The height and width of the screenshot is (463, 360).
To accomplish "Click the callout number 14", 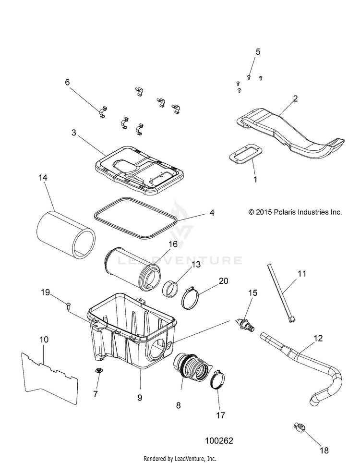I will click(43, 178).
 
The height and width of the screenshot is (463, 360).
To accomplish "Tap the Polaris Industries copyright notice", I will click(295, 212).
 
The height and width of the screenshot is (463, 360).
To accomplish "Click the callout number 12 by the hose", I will click(318, 339).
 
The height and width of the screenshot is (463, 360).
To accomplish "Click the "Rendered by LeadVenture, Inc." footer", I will click(180, 459).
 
